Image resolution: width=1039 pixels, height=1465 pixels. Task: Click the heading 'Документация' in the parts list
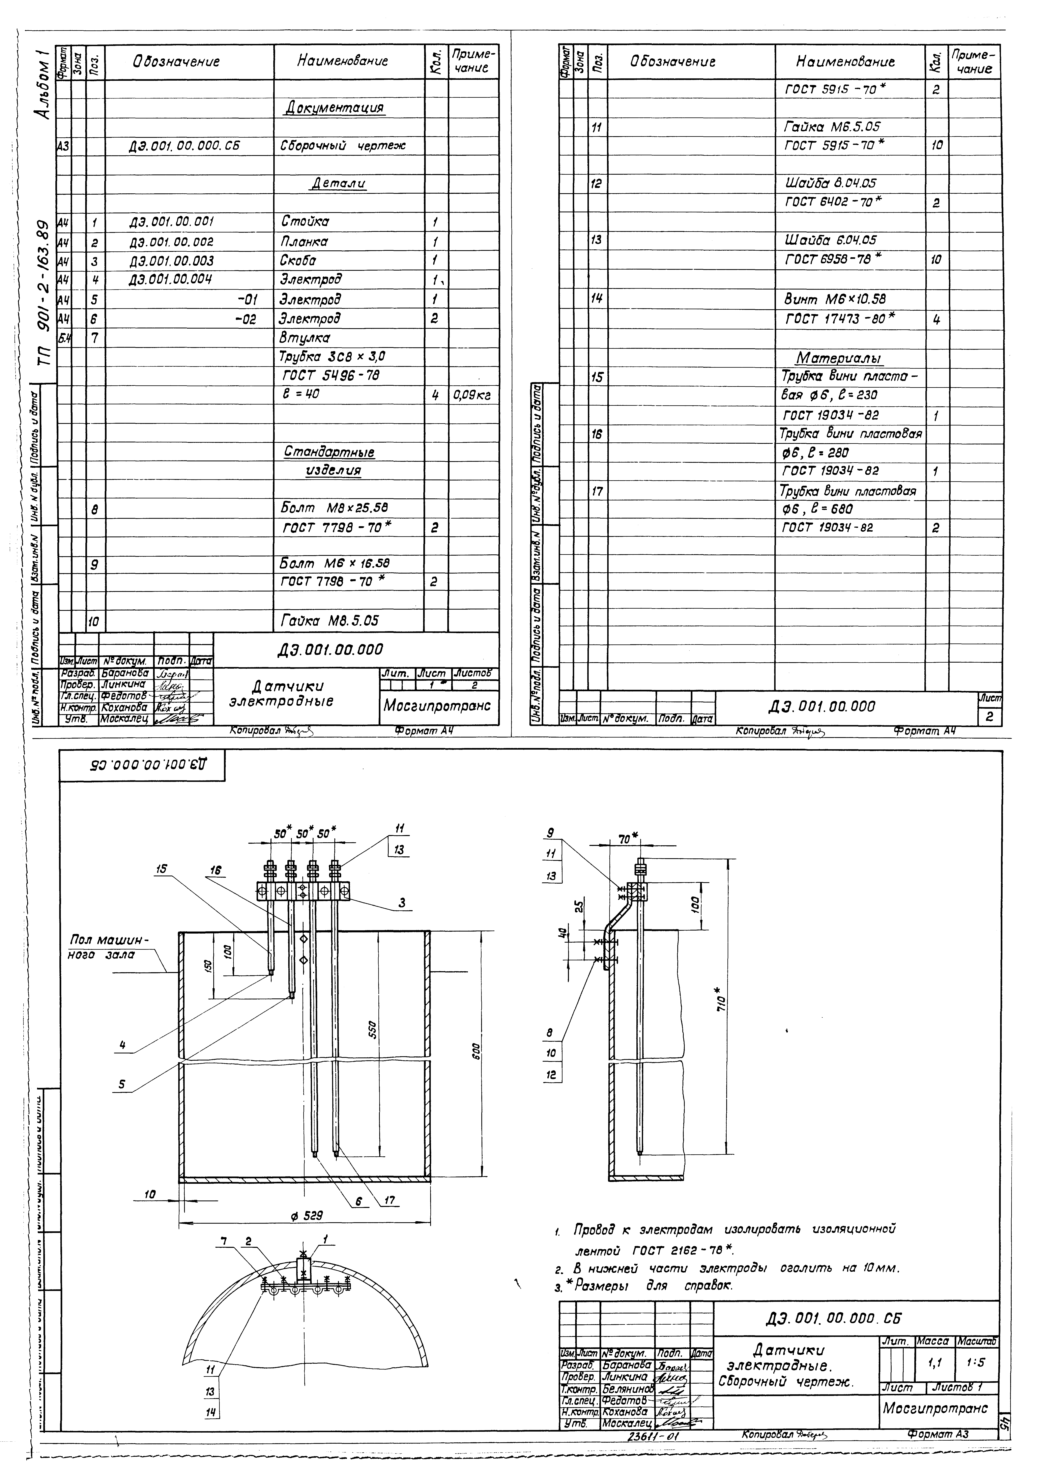333,108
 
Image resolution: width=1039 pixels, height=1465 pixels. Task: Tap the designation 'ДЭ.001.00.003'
171,261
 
